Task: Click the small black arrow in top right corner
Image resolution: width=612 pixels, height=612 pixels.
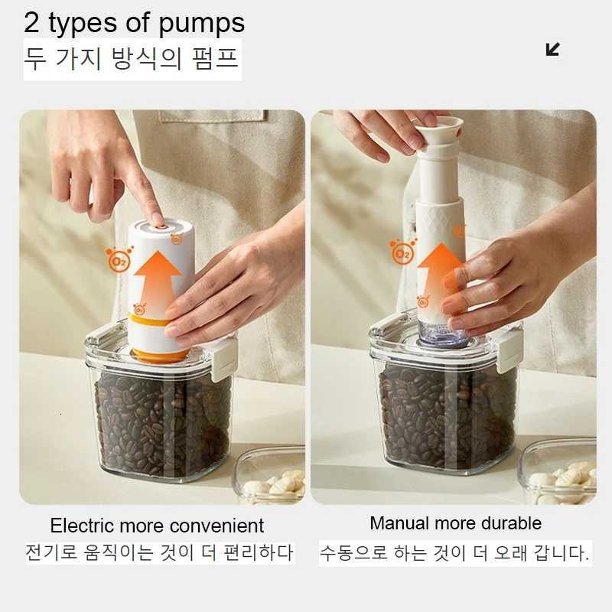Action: coord(552,50)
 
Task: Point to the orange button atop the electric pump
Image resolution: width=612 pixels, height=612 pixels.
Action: coord(158,222)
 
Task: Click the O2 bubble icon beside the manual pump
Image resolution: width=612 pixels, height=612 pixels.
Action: coord(402,251)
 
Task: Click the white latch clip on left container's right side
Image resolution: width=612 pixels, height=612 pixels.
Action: coord(224,360)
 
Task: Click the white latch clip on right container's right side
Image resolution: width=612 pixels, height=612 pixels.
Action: coord(509,353)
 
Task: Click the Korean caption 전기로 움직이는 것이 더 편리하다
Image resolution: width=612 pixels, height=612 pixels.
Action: coord(158,552)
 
